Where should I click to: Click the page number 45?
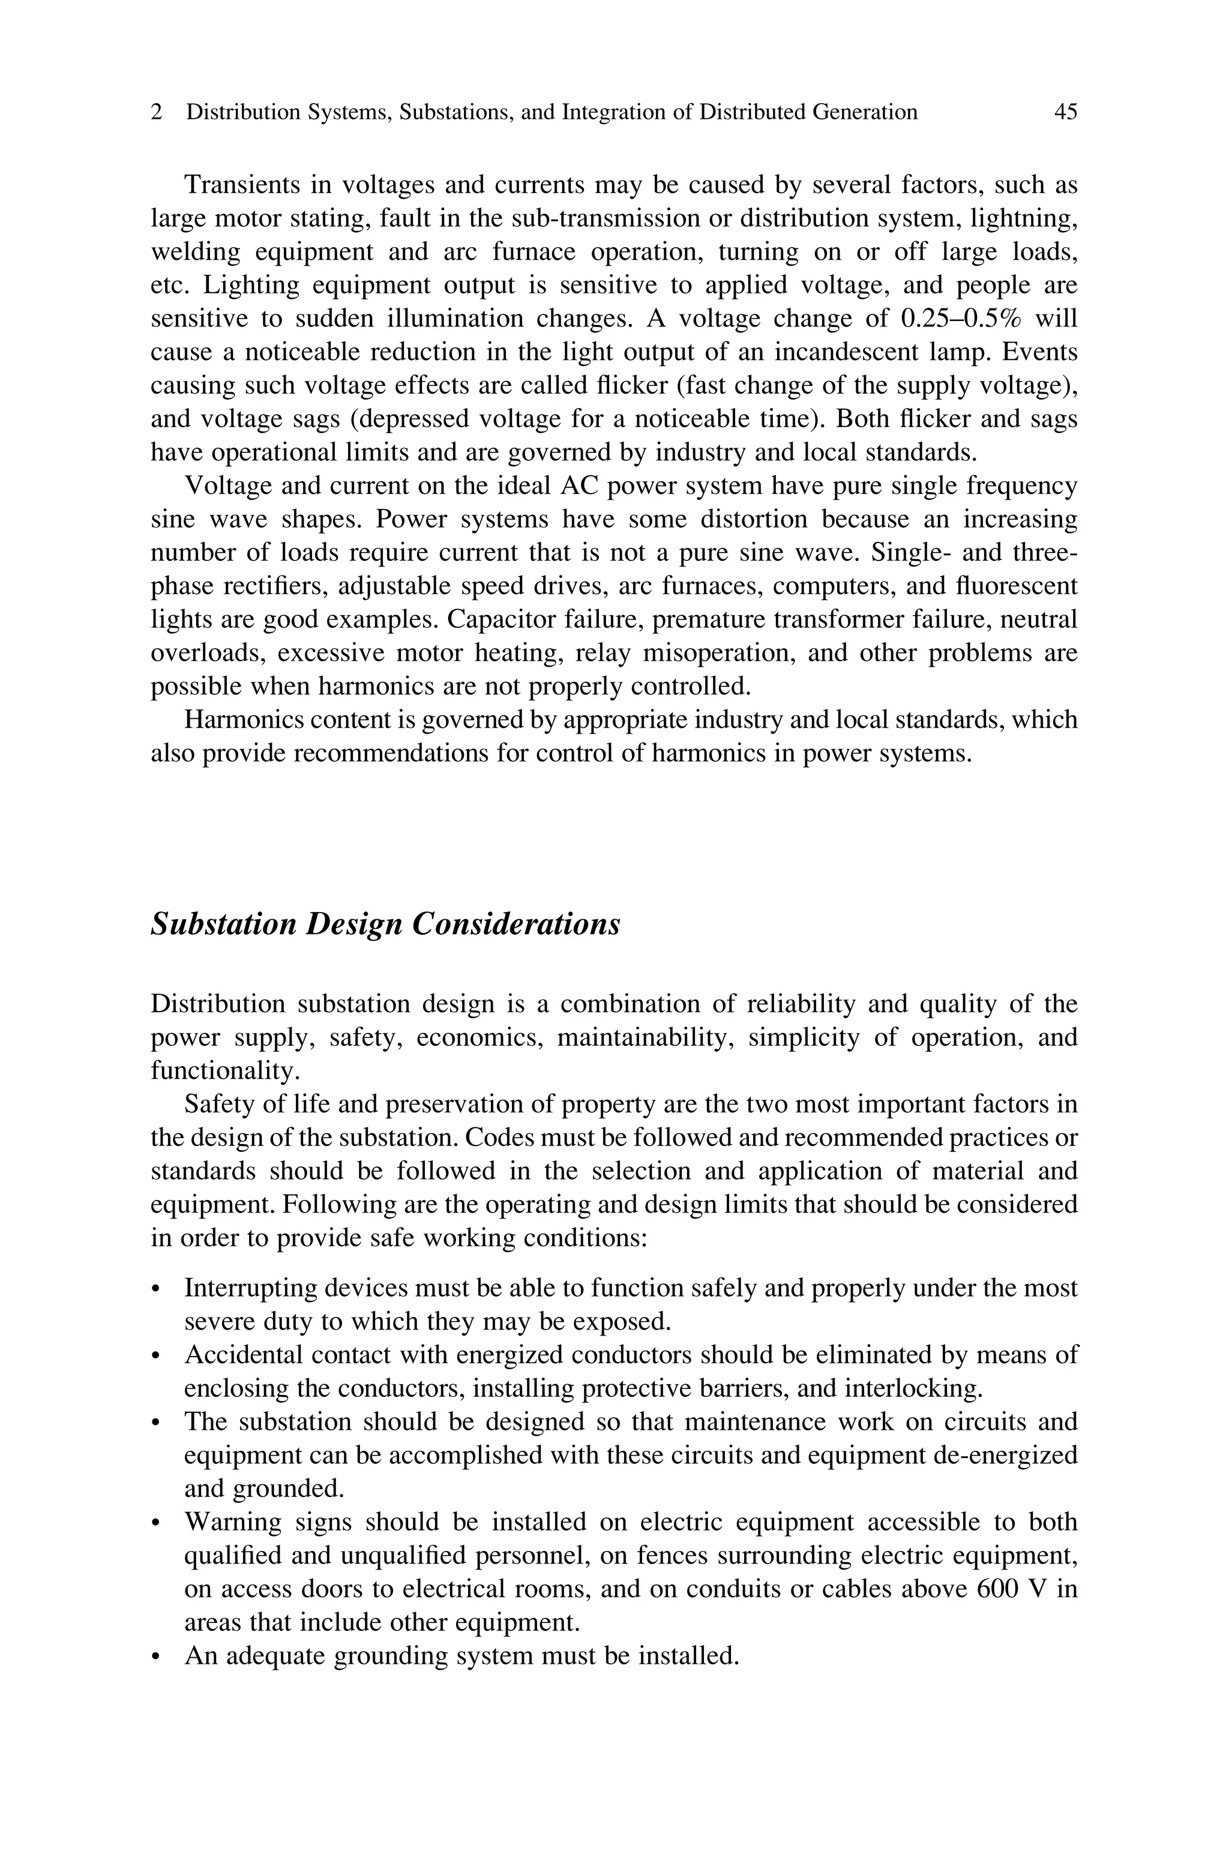point(1065,112)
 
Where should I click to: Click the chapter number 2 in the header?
point(157,112)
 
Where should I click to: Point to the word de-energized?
point(1006,1456)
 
